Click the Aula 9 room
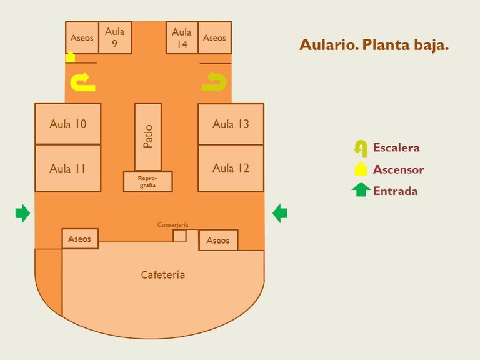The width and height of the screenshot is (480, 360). click(x=115, y=37)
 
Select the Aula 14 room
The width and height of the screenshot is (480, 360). click(x=182, y=37)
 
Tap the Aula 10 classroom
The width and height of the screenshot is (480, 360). click(x=67, y=124)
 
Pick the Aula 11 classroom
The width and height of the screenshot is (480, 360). click(x=67, y=168)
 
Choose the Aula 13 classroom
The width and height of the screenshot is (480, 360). click(x=231, y=124)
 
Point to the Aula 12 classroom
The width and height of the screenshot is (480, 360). click(x=231, y=168)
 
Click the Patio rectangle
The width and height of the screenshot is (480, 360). click(x=148, y=136)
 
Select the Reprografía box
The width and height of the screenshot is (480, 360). click(x=147, y=181)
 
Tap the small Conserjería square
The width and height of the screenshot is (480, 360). click(x=179, y=236)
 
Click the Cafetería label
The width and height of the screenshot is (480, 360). click(x=163, y=275)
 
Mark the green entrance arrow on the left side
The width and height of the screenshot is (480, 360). click(x=22, y=213)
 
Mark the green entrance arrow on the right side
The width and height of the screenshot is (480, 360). click(x=280, y=214)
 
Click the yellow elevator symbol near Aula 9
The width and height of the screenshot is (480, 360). click(x=71, y=57)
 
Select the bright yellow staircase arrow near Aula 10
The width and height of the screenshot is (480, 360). click(x=82, y=82)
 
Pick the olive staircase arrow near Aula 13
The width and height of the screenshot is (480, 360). click(x=215, y=82)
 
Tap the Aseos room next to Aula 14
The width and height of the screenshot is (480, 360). click(x=214, y=37)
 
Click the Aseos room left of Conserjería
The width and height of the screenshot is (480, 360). click(x=80, y=239)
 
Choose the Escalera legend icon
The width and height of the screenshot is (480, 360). click(x=360, y=148)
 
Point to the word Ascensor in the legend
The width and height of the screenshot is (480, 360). click(x=398, y=169)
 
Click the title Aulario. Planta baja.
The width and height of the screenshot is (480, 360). click(x=374, y=45)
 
